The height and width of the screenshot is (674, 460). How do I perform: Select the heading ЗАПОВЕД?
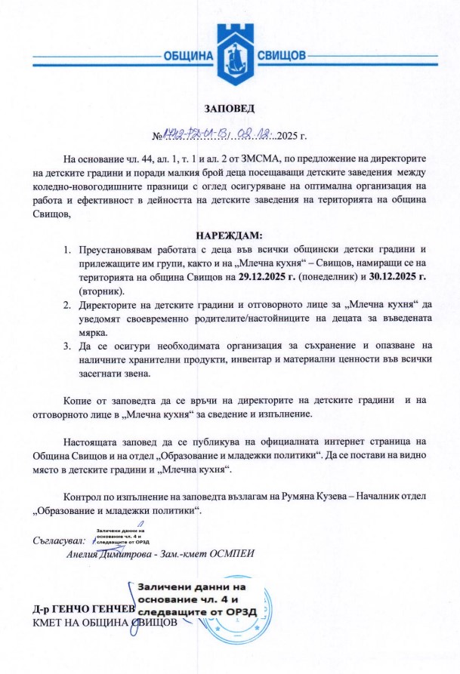click(230, 111)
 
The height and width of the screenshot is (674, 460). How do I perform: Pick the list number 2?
click(66, 305)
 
